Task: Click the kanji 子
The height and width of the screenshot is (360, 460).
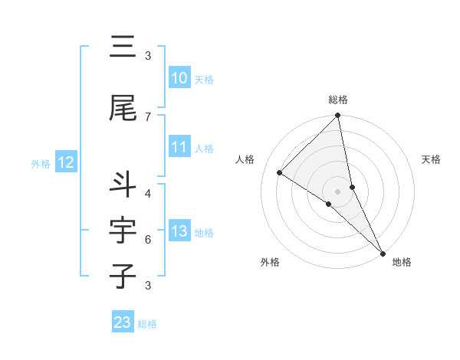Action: [x=123, y=276]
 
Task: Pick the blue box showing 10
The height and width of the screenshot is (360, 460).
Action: [x=179, y=78]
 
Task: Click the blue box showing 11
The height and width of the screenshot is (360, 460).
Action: [x=179, y=148]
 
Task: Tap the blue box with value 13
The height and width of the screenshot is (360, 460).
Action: [x=179, y=232]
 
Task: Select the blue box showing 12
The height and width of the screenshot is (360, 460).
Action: [x=66, y=162]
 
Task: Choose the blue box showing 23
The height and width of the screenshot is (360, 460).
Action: [x=123, y=322]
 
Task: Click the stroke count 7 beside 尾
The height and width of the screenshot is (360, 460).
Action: [x=148, y=116]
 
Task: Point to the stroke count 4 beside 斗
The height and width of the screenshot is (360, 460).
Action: [x=148, y=193]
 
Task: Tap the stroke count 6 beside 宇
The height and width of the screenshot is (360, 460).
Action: [x=148, y=240]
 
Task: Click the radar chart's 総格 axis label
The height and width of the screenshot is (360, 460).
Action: [x=338, y=100]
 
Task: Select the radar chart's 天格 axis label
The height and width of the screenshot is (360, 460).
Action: [x=431, y=159]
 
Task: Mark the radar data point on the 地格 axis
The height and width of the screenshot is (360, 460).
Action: [x=382, y=252]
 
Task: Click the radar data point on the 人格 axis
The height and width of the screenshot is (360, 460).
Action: [x=280, y=172]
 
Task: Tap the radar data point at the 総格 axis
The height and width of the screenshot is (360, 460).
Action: [x=338, y=116]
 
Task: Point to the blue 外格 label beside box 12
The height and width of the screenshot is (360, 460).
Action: [x=41, y=163]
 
